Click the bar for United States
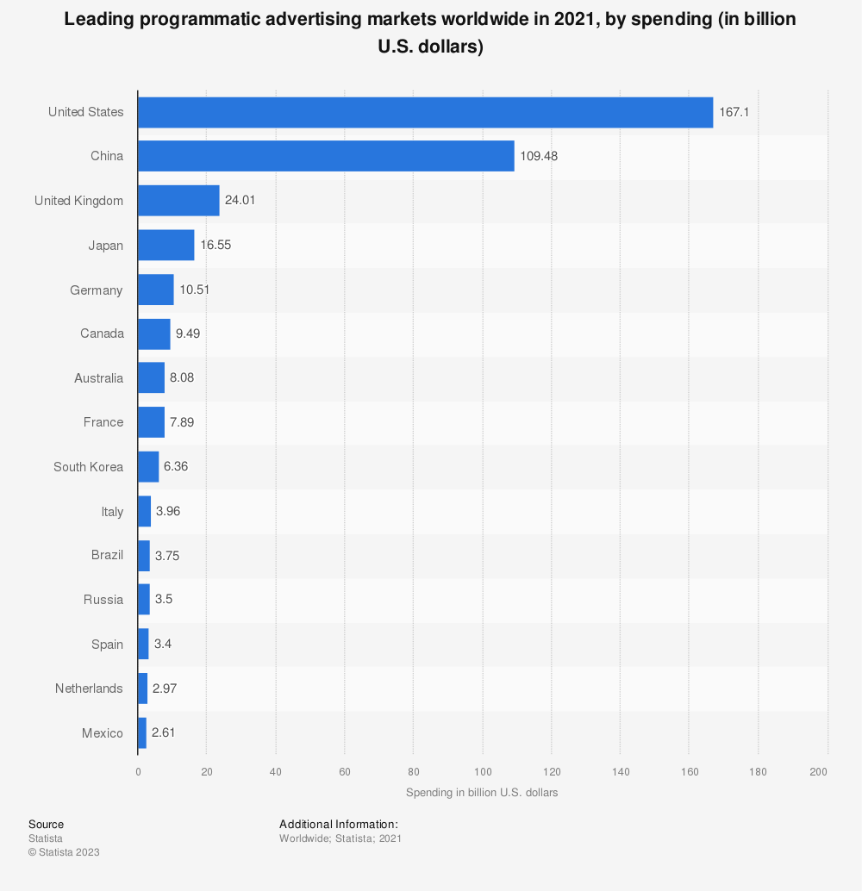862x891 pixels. point(425,112)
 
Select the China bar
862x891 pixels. point(326,156)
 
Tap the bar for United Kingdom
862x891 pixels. point(178,201)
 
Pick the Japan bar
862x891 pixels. point(166,246)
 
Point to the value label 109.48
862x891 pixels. point(540,156)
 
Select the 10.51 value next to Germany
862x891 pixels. point(194,290)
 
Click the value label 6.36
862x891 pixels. point(175,466)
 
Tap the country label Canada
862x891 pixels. point(102,333)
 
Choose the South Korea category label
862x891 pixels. point(88,466)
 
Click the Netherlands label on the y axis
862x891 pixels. point(89,688)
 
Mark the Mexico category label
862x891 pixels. point(103,733)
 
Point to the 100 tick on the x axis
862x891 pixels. point(482,771)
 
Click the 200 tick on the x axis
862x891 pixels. point(819,771)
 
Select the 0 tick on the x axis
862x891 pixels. point(138,771)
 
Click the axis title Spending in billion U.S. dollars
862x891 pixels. point(482,793)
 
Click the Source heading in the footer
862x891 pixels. point(46,825)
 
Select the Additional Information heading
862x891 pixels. point(338,825)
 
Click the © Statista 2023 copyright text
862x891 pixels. point(64,852)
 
